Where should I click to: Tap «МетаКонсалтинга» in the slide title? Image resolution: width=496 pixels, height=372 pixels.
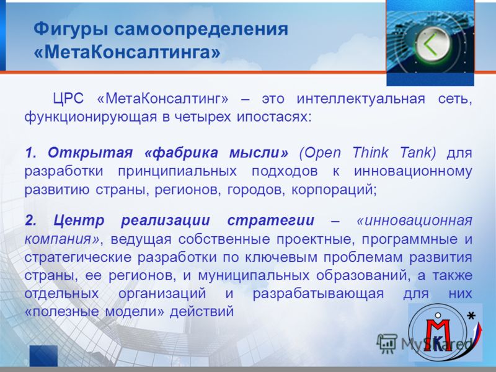[x=127, y=53]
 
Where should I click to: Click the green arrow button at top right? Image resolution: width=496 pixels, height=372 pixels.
[x=432, y=44]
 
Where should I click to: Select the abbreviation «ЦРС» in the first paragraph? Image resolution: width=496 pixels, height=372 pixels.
[x=68, y=99]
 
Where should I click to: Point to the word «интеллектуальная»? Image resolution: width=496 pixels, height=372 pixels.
[x=361, y=99]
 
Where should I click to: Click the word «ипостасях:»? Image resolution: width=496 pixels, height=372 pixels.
[x=275, y=117]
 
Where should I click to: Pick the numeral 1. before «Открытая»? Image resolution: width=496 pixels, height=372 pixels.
[x=32, y=153]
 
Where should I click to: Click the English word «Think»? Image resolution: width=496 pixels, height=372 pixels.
[x=370, y=153]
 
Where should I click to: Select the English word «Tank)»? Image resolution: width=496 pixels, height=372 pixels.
[x=418, y=153]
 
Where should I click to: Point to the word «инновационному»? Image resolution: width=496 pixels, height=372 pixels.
[x=413, y=172]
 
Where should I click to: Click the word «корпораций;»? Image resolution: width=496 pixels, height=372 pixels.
[x=334, y=190]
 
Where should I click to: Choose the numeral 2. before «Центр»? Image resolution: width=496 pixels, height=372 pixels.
[x=30, y=221]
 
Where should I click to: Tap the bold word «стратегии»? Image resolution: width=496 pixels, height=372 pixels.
[x=271, y=221]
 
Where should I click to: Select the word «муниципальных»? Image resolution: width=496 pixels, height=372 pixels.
[x=254, y=275]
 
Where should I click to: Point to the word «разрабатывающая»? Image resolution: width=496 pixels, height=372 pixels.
[x=318, y=294]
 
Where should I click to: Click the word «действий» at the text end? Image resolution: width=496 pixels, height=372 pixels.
[x=202, y=312]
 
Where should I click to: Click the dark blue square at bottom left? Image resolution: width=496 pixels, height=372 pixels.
[x=43, y=355]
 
